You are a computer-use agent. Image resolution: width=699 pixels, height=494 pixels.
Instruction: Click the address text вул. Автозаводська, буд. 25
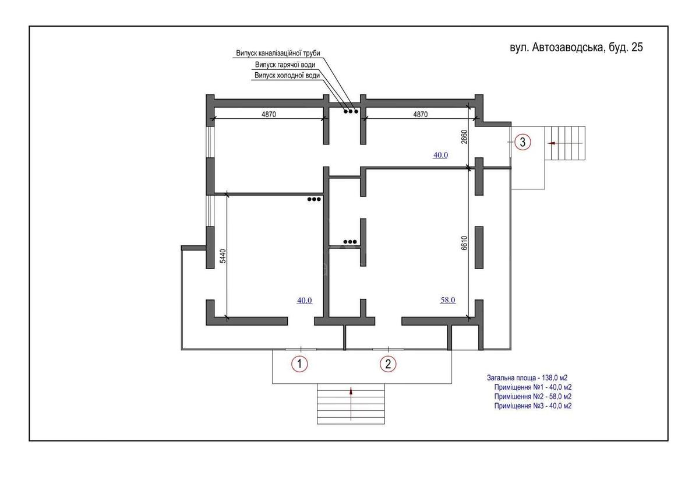[576, 48]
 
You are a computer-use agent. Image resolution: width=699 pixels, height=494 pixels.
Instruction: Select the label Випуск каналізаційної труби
[278, 54]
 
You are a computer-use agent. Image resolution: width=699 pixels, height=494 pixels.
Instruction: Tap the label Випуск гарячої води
[285, 65]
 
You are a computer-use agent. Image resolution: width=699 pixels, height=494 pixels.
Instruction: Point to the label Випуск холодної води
[287, 76]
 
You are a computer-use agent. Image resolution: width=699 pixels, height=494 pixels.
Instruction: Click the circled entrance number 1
[299, 364]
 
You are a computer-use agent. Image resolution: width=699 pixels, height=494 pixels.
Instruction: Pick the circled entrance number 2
[388, 364]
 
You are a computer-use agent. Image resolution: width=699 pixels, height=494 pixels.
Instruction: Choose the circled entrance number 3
[523, 142]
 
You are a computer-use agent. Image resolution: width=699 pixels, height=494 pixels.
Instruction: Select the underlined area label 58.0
[447, 301]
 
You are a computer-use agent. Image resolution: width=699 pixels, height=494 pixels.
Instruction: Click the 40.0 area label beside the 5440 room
[305, 301]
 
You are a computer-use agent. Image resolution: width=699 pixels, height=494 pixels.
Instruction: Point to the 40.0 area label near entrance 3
[440, 155]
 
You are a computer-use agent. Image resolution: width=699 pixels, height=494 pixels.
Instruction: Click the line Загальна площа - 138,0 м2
[527, 378]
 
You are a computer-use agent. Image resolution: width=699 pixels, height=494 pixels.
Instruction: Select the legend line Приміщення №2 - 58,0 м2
[532, 397]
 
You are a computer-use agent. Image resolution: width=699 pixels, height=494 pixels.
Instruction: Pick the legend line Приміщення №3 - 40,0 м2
[532, 406]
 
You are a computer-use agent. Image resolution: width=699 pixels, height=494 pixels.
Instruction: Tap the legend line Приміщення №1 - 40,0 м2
[532, 387]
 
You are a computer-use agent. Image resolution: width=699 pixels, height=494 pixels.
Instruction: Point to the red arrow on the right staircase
[551, 142]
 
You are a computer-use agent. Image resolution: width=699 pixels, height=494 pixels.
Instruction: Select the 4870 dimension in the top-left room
[268, 115]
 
